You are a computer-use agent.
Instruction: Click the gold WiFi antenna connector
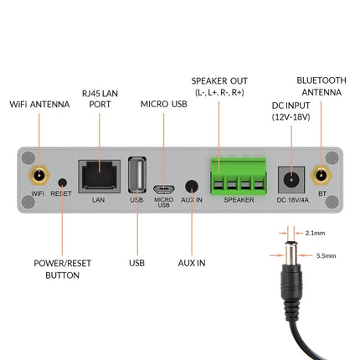39,176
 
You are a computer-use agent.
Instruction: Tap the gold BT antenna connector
320,176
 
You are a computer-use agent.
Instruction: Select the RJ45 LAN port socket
98,177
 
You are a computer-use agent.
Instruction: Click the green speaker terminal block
239,177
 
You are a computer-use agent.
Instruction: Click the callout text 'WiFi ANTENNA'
39,105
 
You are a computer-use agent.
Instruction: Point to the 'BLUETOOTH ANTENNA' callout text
321,87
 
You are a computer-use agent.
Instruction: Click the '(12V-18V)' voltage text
291,117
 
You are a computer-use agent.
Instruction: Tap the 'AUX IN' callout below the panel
193,263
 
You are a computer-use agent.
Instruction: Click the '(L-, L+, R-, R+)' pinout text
219,91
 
